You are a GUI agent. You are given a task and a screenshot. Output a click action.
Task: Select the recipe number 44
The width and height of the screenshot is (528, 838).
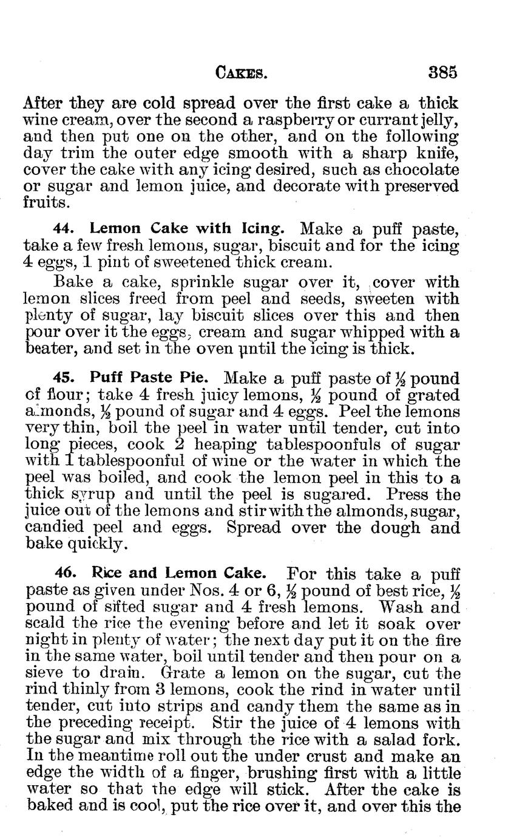coord(64,229)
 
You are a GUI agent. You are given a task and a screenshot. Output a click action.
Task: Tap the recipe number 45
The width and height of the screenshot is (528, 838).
coord(64,379)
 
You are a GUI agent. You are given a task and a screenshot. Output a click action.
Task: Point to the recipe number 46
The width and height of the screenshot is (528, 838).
coord(64,573)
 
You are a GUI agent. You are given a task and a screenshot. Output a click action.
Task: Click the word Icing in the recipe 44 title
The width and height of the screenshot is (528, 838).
coord(262,229)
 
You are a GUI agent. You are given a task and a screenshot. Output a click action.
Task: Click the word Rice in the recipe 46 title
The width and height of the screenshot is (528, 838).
coord(106,573)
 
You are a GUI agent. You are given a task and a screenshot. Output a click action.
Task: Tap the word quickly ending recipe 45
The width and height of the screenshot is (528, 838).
coord(98,544)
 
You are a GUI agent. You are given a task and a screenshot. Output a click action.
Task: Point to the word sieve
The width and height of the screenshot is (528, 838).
coord(48,673)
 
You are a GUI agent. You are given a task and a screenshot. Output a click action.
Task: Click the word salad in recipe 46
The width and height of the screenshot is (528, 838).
coord(396,739)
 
